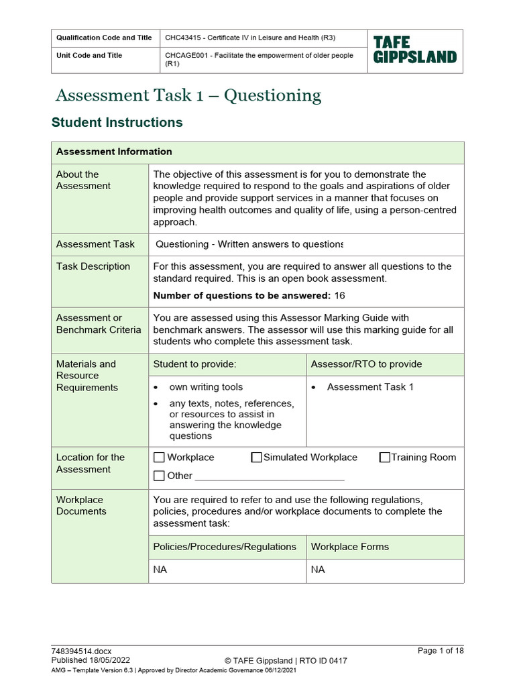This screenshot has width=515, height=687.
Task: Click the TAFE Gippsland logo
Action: [x=414, y=50]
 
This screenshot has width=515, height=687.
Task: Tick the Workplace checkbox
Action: [x=159, y=458]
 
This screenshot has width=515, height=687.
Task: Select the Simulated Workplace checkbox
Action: [x=256, y=458]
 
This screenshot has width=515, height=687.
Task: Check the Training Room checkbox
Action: [x=384, y=458]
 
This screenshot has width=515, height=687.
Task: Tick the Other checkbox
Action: [x=159, y=476]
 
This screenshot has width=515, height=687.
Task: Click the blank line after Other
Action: [x=270, y=477]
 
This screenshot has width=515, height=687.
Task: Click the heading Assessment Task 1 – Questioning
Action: [x=188, y=95]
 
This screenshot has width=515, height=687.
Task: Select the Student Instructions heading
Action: [x=117, y=123]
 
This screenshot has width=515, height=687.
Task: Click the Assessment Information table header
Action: [x=114, y=152]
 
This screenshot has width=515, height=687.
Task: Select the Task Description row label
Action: [x=93, y=266]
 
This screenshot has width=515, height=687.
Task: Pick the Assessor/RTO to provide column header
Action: [x=366, y=364]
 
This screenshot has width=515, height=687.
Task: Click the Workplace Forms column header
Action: [x=349, y=547]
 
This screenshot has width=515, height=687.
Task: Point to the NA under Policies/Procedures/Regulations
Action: [x=160, y=570]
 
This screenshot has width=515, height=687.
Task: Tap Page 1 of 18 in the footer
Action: [x=440, y=651]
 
